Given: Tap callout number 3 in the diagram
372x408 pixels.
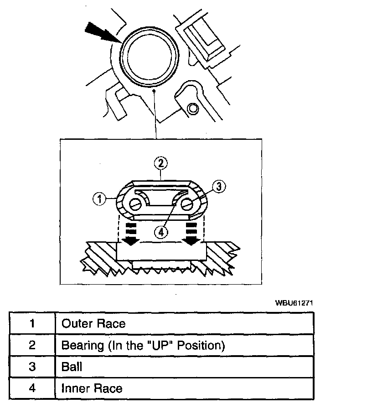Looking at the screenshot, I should (x=218, y=187).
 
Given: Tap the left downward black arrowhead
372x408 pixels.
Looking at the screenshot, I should (x=130, y=240).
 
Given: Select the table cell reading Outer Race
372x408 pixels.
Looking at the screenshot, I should (x=93, y=324).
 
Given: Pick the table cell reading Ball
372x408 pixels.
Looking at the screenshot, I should (x=72, y=367).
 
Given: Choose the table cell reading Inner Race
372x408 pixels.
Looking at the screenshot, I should (x=92, y=388).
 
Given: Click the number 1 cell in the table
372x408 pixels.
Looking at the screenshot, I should (x=32, y=324).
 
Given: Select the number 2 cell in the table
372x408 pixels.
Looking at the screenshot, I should (x=32, y=345).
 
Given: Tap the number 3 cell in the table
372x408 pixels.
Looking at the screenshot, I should (x=32, y=367).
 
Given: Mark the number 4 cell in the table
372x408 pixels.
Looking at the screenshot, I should (x=32, y=388).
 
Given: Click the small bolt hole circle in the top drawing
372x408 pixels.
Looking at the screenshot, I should (x=193, y=108).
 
